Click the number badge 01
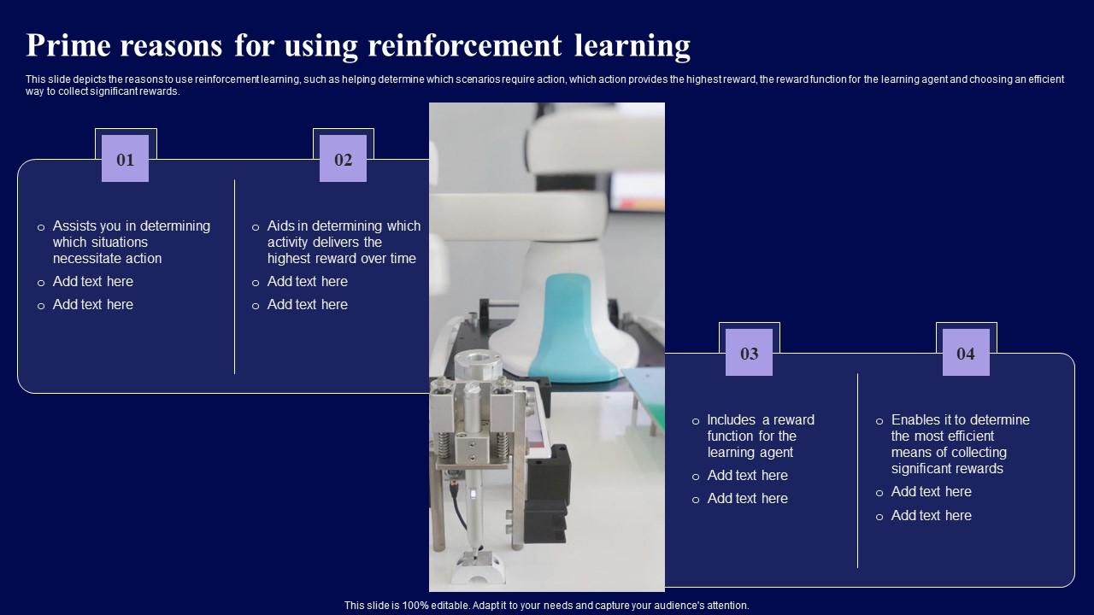(x=125, y=159)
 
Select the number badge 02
(x=343, y=159)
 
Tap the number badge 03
(x=749, y=353)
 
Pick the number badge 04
(x=966, y=353)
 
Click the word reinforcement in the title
(x=466, y=45)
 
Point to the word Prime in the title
(x=68, y=45)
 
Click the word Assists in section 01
(x=74, y=226)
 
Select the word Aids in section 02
(x=280, y=226)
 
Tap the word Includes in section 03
(x=732, y=420)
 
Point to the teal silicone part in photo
(x=573, y=329)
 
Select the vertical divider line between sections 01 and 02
(x=235, y=277)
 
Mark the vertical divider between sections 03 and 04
(x=857, y=470)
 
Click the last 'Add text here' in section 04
(x=931, y=516)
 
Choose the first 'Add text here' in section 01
(x=93, y=282)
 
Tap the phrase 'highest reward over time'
(x=341, y=259)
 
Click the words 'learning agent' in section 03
(x=750, y=453)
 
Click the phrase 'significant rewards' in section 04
(x=947, y=469)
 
